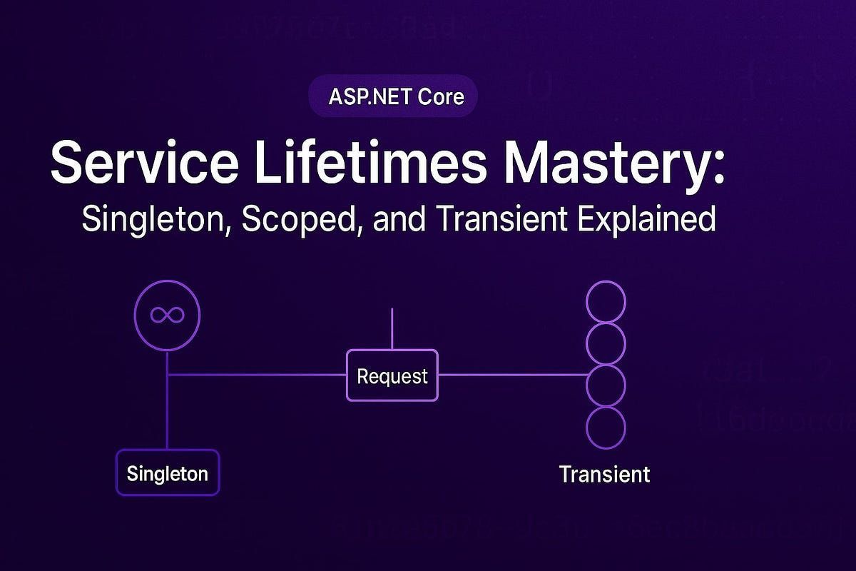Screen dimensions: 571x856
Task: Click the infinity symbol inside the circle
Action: click(168, 315)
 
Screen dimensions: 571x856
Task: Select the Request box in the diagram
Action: click(392, 375)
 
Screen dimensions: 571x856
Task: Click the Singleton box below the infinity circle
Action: click(168, 473)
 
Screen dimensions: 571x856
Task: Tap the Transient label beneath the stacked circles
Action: click(605, 474)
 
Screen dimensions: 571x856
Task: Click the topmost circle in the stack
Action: click(606, 301)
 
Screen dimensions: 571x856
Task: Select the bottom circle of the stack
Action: click(606, 428)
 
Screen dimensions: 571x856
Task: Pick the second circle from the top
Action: click(606, 343)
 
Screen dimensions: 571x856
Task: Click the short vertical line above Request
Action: click(392, 328)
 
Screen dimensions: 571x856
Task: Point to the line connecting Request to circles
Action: click(510, 375)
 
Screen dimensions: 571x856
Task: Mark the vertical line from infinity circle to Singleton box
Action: click(168, 400)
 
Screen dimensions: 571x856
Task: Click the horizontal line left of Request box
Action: click(257, 375)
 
